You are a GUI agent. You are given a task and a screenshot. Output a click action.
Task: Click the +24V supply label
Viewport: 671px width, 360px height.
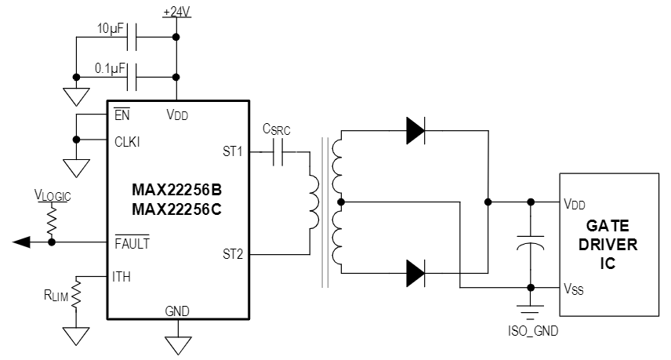pyautogui.click(x=176, y=12)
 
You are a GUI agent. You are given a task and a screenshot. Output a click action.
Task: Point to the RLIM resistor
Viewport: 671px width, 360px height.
pyautogui.click(x=77, y=296)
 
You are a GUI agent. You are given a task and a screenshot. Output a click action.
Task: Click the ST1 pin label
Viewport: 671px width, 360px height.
pyautogui.click(x=233, y=150)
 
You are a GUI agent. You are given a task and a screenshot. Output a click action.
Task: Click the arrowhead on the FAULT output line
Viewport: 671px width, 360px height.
pyautogui.click(x=21, y=242)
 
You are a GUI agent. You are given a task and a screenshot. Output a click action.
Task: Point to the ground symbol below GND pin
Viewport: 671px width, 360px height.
pyautogui.click(x=177, y=343)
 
